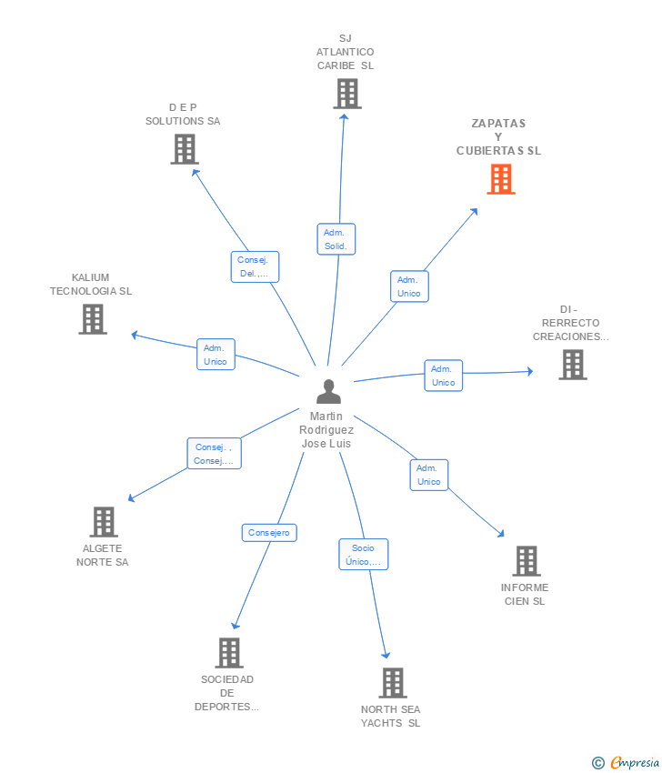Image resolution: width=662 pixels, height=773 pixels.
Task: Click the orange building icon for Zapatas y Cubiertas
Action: [500, 179]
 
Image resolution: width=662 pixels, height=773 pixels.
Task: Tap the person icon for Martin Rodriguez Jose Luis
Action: [328, 392]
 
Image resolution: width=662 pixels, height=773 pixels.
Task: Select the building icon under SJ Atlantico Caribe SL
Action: [346, 94]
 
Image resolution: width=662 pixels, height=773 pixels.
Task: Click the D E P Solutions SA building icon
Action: [184, 149]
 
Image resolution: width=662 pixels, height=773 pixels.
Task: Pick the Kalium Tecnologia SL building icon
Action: [92, 319]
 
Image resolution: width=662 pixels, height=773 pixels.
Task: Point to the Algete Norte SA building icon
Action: [104, 522]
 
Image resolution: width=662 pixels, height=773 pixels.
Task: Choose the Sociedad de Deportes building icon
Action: [228, 652]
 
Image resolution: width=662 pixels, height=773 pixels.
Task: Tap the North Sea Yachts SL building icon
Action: [392, 682]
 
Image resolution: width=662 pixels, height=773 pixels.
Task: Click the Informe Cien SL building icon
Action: [526, 561]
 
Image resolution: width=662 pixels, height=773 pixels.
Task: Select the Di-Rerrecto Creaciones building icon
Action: [572, 365]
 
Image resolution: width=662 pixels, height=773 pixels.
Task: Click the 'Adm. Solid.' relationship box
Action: [336, 239]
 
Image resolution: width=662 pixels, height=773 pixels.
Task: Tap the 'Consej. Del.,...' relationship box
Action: [254, 266]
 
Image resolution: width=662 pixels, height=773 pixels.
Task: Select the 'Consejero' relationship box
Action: [269, 533]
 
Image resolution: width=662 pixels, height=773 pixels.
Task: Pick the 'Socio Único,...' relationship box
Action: [364, 555]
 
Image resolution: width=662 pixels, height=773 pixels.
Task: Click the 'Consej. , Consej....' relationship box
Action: [214, 454]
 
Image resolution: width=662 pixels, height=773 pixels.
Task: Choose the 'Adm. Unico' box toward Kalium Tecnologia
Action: [216, 355]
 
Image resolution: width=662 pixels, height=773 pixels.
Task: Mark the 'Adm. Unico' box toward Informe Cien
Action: [428, 475]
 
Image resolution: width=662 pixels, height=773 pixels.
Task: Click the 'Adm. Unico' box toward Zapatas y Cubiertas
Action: [409, 286]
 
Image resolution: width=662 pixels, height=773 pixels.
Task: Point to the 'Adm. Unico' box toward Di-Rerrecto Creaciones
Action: [443, 376]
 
